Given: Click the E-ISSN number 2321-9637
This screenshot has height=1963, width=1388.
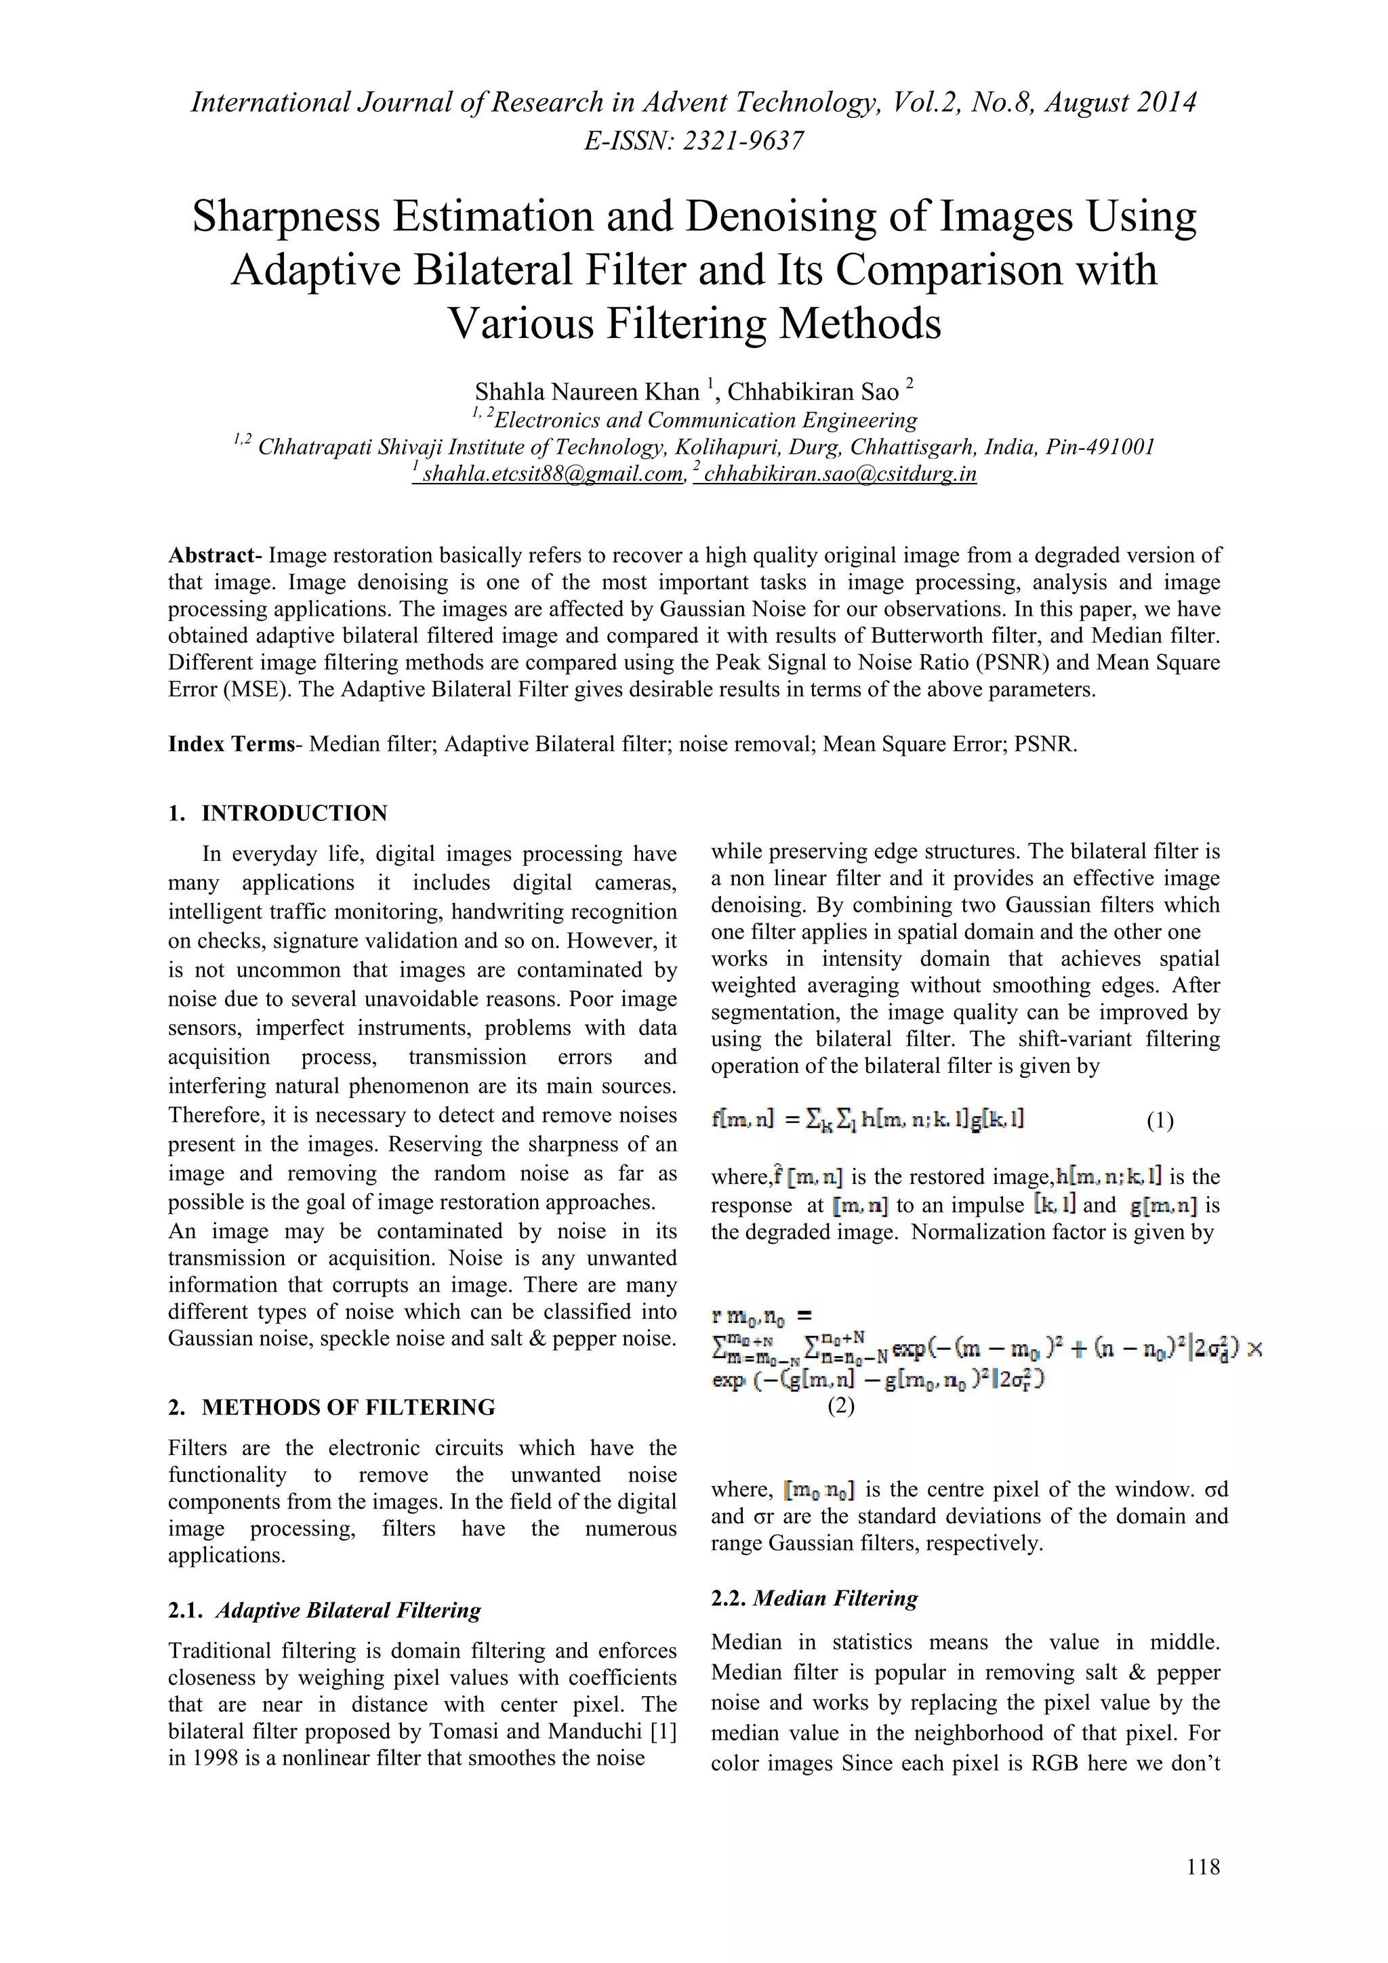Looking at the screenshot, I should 742,141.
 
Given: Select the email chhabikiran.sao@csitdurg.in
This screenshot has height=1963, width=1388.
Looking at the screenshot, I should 839,473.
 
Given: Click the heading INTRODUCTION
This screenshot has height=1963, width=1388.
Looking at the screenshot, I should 294,813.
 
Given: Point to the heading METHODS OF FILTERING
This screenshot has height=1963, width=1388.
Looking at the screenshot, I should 348,1408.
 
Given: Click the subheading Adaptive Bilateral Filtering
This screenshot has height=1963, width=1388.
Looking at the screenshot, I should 348,1611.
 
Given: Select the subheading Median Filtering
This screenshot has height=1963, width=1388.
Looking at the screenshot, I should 835,1599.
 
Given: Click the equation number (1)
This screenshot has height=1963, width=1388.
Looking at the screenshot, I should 1160,1121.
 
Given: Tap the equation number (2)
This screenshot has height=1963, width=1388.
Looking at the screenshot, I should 840,1406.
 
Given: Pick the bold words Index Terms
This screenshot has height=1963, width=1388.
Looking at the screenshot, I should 231,744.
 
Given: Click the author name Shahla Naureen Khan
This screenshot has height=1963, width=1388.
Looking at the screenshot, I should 587,392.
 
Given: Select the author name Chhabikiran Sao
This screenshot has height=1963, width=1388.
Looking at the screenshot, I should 813,392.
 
